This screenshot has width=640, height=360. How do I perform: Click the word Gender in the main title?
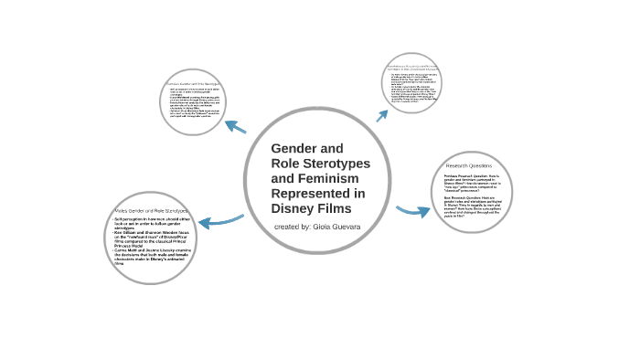(294, 148)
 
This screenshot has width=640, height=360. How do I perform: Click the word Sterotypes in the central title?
(334, 163)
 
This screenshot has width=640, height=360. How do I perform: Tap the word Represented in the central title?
(318, 193)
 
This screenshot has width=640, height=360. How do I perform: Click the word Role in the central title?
(286, 163)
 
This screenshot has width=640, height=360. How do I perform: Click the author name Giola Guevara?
(336, 226)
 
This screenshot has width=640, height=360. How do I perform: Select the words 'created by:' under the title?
(292, 226)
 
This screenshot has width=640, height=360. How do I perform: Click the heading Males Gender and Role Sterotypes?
(153, 211)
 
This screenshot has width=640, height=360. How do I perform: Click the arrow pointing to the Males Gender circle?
(219, 220)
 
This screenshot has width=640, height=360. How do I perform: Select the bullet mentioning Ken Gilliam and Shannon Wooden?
(151, 237)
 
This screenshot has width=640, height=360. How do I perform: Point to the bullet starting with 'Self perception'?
(151, 223)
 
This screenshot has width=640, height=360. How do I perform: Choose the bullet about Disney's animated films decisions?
(151, 255)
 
